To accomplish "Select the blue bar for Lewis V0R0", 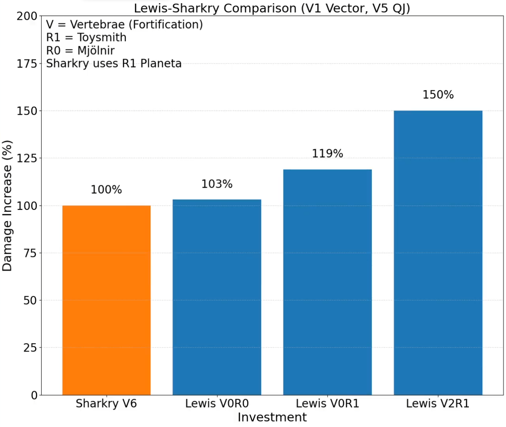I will (217, 297).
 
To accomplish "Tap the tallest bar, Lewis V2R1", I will (438, 253).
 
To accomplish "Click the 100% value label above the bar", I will (106, 190).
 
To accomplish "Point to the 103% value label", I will (217, 184).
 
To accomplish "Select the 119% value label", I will (327, 153).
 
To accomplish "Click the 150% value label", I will (438, 95).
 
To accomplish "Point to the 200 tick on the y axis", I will (27, 16).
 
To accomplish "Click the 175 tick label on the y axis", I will (27, 64).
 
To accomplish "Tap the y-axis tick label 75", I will (30, 253).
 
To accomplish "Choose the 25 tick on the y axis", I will (30, 348).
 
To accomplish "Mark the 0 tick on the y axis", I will (34, 395).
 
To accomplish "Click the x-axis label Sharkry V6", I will (106, 404).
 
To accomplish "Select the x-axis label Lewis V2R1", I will (438, 404).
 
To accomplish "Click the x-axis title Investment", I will (272, 418).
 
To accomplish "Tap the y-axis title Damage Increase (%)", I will (8, 206).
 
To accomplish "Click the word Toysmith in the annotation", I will (102, 38).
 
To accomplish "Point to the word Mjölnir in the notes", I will (96, 51).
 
